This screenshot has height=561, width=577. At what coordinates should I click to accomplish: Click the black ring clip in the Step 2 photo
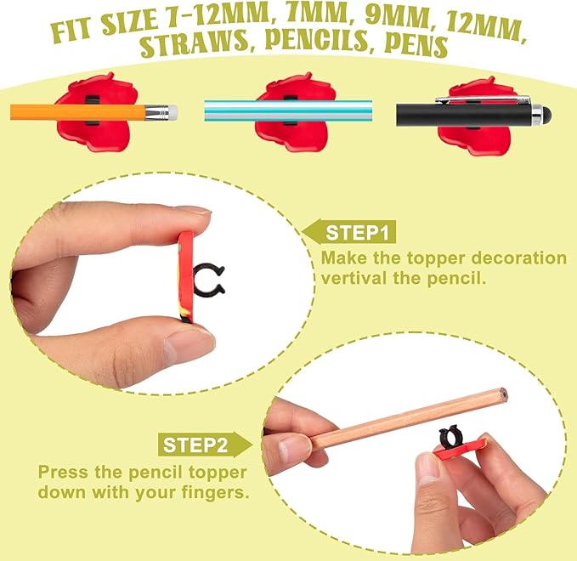(x=452, y=438)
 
